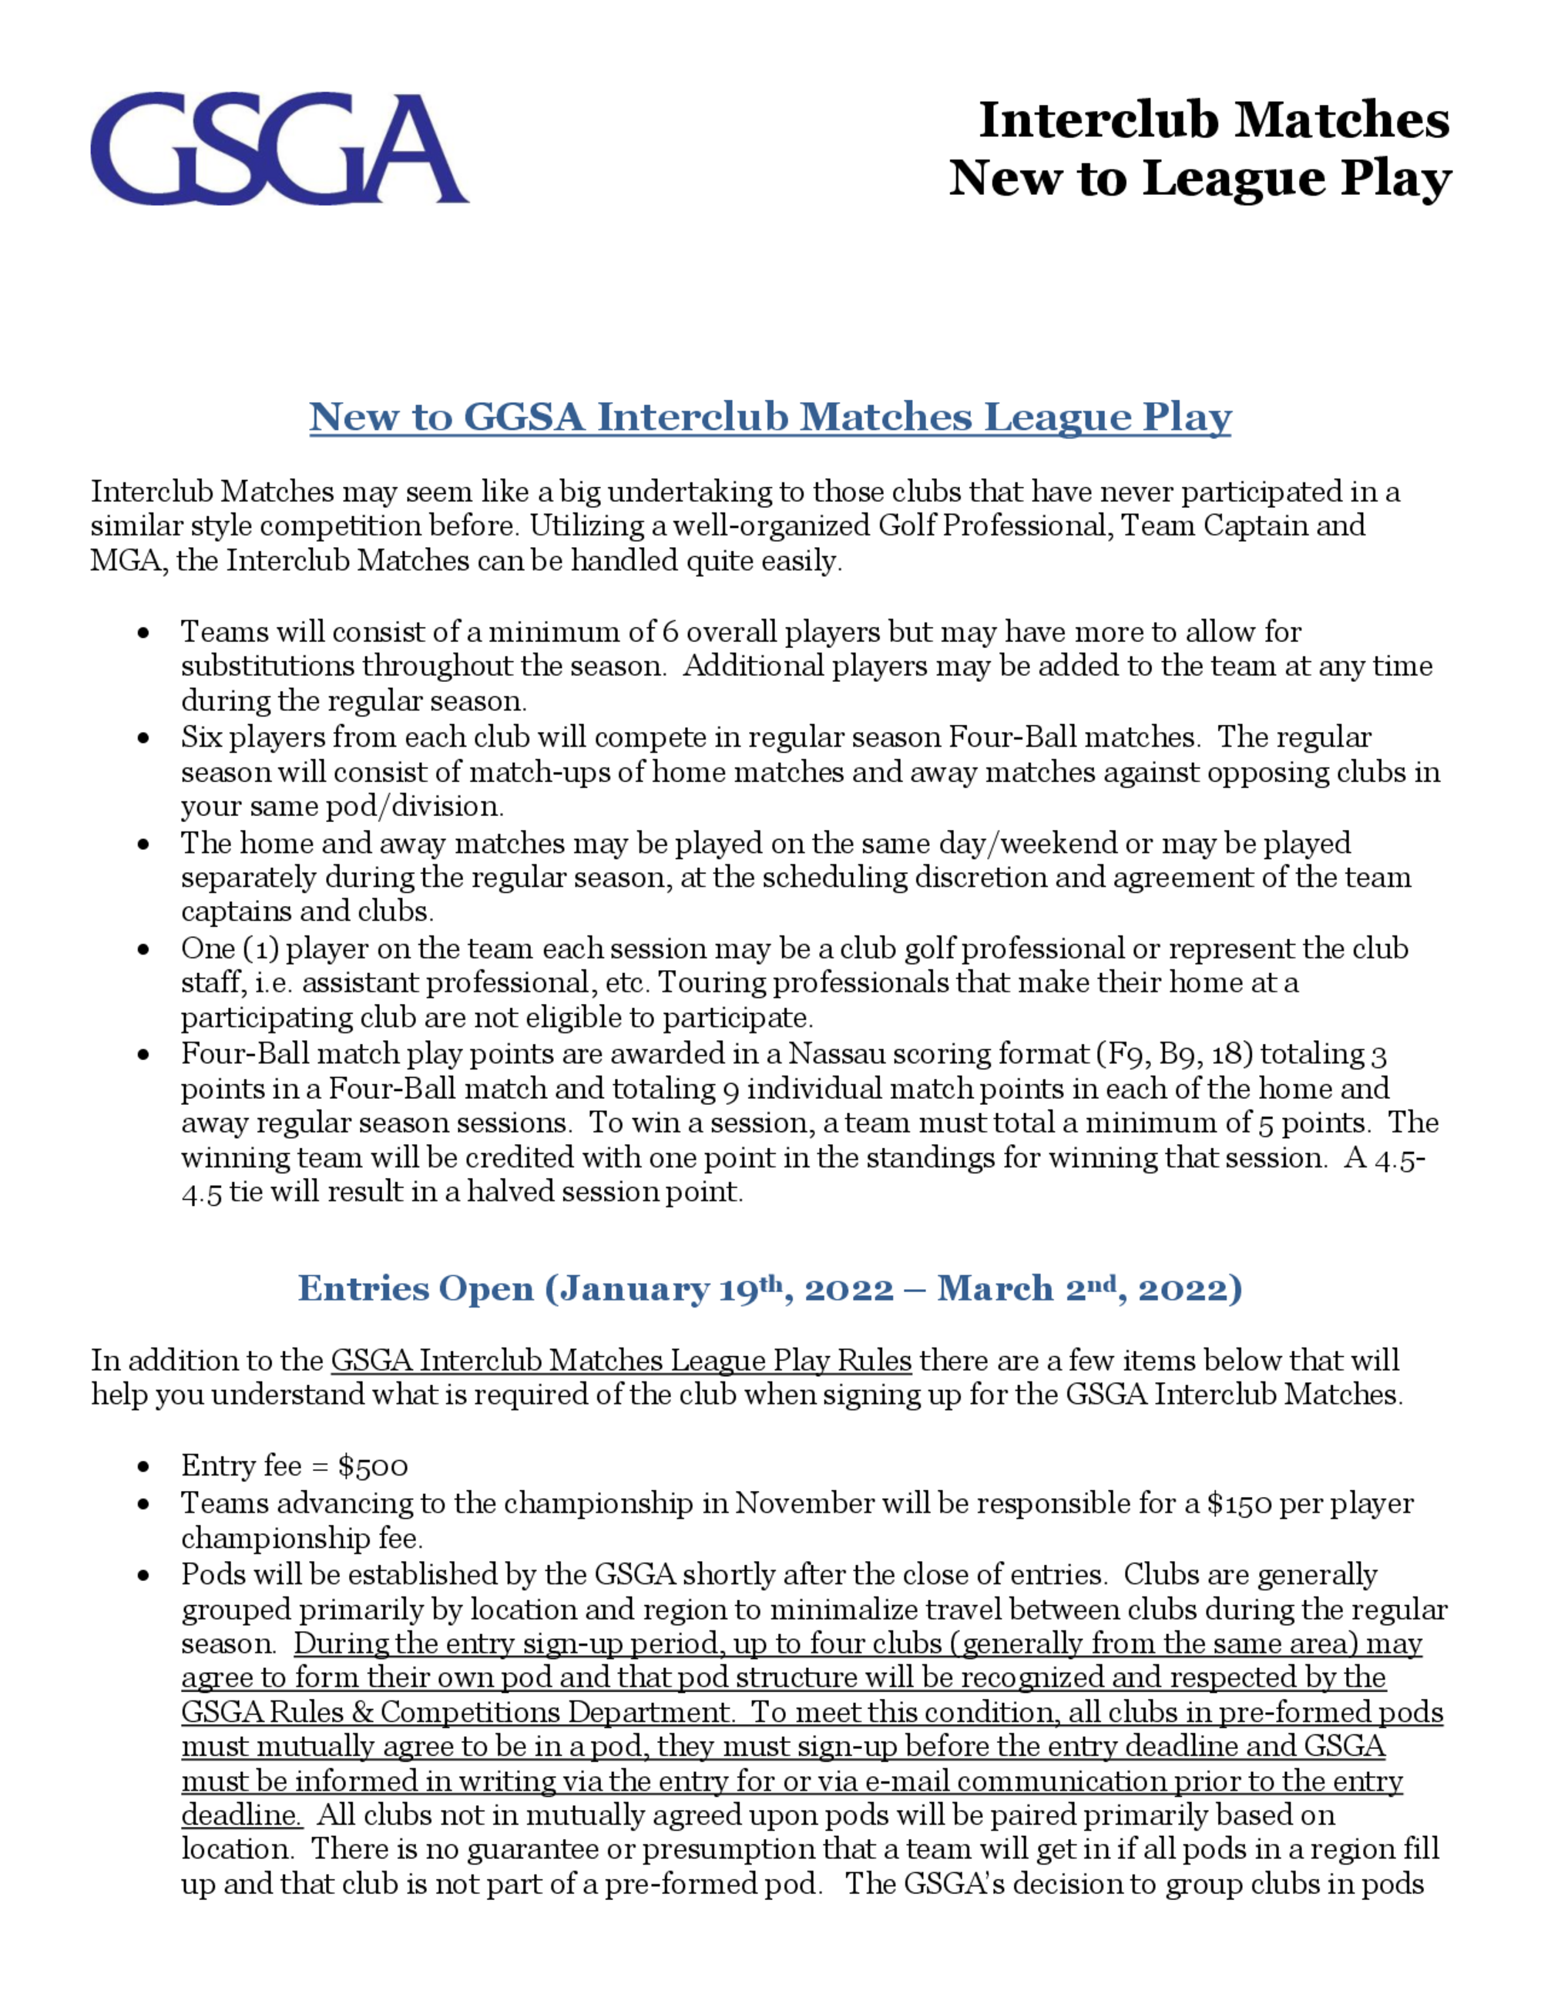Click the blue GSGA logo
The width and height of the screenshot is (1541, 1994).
278,149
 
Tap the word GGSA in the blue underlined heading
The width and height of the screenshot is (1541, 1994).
523,418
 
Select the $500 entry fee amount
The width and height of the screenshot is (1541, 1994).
372,1466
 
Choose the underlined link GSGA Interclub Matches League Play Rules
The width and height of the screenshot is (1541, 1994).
621,1361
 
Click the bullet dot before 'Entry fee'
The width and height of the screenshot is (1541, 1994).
143,1467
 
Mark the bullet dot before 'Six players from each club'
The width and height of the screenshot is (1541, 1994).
143,737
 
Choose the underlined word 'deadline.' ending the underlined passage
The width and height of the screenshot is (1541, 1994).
241,1814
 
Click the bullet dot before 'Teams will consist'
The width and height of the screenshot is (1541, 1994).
143,633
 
